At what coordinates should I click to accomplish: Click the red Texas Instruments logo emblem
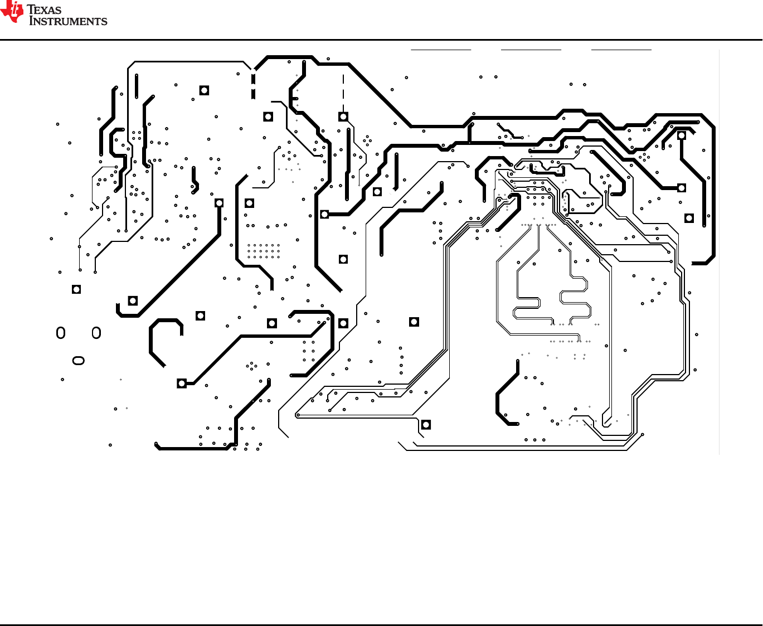point(12,12)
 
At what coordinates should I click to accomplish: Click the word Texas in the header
point(45,9)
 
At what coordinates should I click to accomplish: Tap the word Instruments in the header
point(68,21)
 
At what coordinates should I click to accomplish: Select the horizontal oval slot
point(79,361)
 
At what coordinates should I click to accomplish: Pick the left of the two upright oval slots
point(61,333)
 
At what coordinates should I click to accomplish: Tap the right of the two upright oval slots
point(96,333)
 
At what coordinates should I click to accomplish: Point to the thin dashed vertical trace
point(343,92)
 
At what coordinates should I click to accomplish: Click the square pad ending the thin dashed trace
point(343,117)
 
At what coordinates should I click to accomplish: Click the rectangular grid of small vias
point(264,251)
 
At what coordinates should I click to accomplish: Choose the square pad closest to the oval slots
point(76,289)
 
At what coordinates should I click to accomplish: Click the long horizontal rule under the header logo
point(381,40)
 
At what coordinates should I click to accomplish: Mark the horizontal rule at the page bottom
point(381,624)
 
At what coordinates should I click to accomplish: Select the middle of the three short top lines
point(531,50)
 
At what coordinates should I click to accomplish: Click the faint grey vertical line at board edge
point(720,251)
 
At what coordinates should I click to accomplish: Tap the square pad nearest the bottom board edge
point(426,425)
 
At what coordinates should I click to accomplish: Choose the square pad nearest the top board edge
point(205,90)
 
